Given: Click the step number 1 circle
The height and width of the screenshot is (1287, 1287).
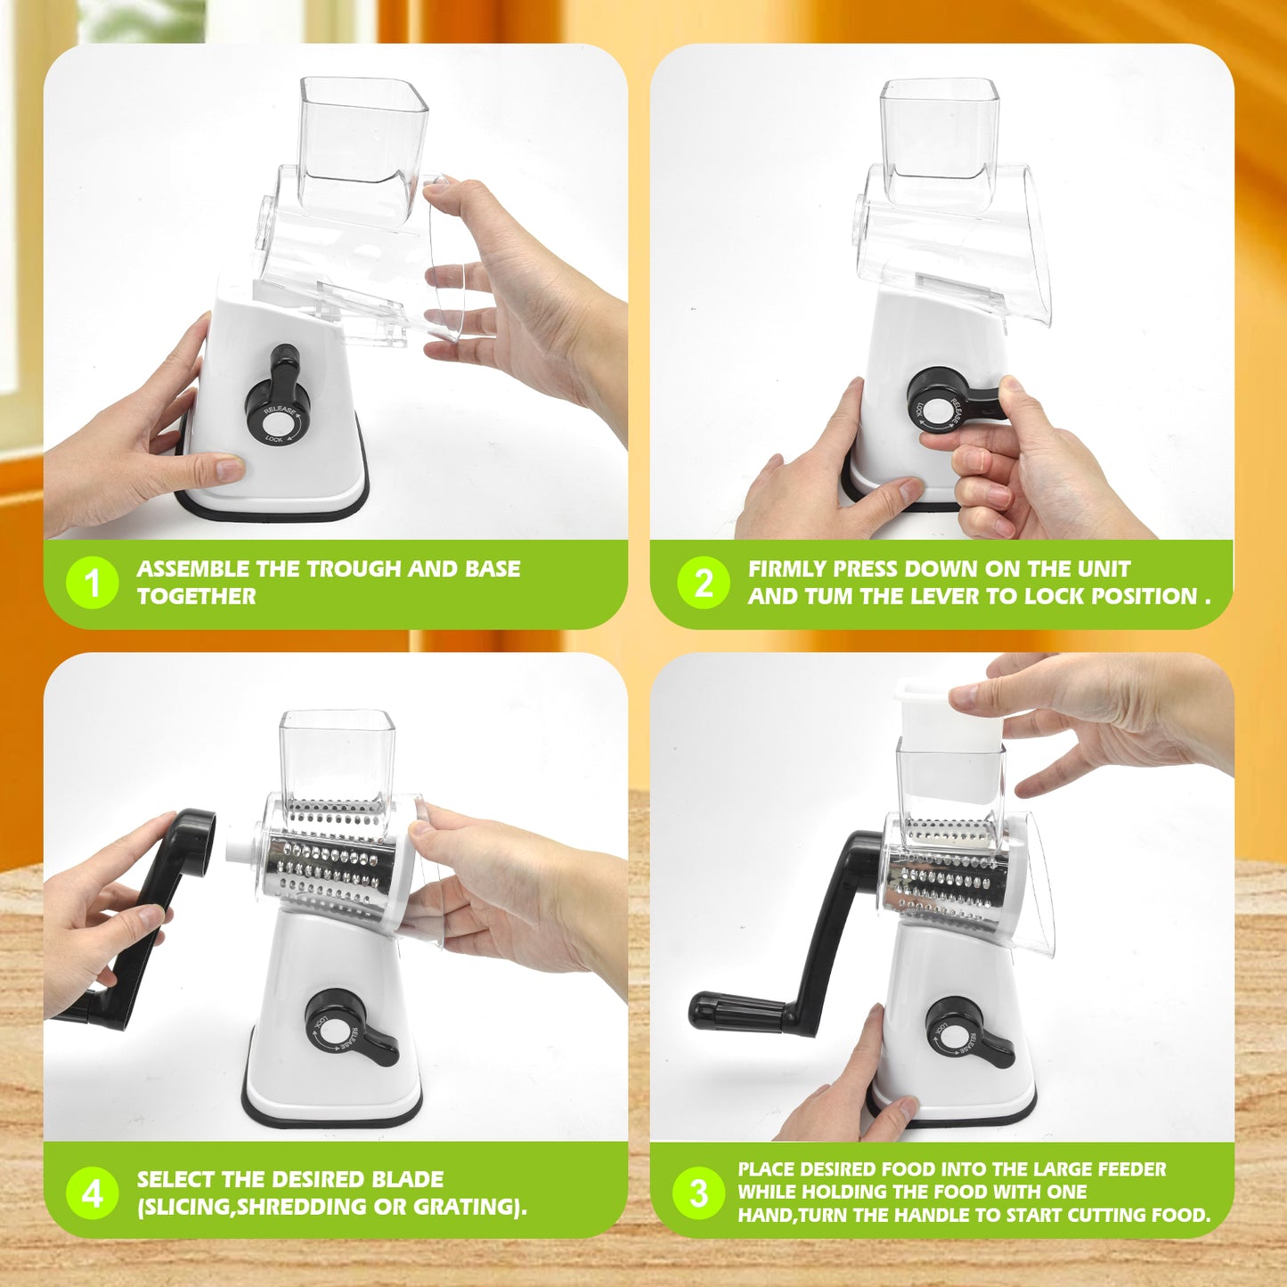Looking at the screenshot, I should coord(92,583).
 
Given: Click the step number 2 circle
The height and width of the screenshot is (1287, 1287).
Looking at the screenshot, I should coord(703,583).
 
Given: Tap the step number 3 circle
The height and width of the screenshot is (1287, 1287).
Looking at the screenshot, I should coord(699,1193).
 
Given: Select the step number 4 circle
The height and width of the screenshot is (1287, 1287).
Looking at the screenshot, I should coord(92,1193).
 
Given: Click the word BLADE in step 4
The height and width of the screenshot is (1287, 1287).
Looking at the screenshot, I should coord(407,1179).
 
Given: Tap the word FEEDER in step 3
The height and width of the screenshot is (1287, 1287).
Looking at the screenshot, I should coord(1131,1169).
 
